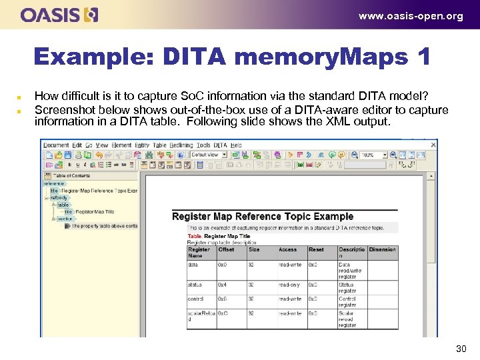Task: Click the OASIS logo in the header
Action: point(59,15)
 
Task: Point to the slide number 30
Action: point(461,348)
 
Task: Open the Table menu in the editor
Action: point(160,145)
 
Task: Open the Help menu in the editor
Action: point(237,145)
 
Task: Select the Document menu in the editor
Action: point(56,145)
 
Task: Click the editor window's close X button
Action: point(433,144)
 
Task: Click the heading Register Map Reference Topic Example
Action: point(263,217)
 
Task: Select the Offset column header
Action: point(227,249)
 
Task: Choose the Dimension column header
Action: point(382,249)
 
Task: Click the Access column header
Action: point(288,249)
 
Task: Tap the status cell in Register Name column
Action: point(195,285)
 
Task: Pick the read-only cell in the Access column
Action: point(290,285)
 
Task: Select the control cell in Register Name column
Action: point(196,299)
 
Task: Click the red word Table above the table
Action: point(194,236)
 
